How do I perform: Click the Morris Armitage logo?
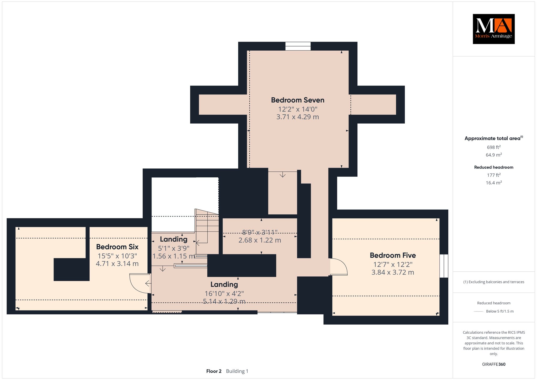tap(493, 29)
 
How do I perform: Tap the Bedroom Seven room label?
tap(298, 100)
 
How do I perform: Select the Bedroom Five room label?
tap(393, 255)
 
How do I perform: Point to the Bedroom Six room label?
tap(117, 247)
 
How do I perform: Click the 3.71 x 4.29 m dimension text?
tap(298, 117)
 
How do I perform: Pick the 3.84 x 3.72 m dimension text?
tap(393, 272)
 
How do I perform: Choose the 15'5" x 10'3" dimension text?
tap(117, 256)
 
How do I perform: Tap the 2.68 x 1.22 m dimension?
tap(260, 240)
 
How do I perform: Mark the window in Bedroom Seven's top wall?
tap(298, 46)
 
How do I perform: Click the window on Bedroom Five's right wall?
tap(444, 266)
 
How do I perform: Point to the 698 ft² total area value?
tap(494, 147)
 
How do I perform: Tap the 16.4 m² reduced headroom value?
tap(494, 183)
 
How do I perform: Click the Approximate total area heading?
tap(494, 138)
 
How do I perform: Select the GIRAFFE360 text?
tap(494, 364)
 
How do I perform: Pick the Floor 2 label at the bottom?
tap(214, 371)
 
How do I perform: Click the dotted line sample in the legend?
tap(479, 312)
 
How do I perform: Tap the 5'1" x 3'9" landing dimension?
tap(174, 248)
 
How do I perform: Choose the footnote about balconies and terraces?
tap(494, 282)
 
